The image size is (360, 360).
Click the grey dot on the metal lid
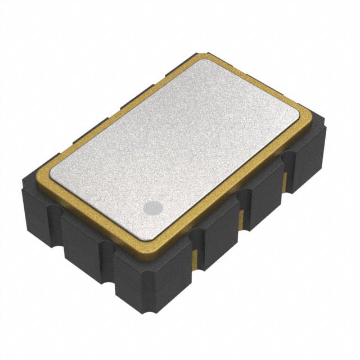(152, 208)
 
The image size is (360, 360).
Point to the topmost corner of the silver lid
(198, 62)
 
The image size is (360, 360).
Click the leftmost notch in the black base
(55, 212)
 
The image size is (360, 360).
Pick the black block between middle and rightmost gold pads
(264, 200)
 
